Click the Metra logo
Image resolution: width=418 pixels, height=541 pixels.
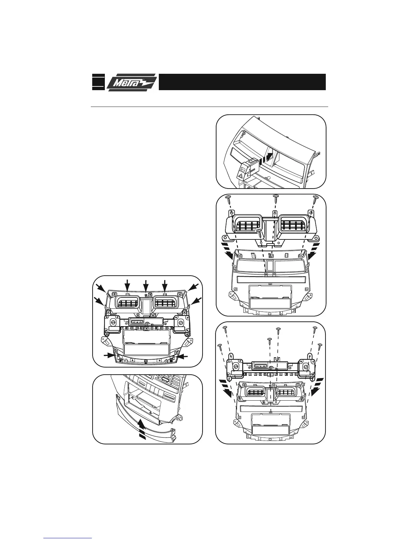coord(132,82)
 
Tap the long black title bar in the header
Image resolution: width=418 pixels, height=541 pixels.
coord(242,82)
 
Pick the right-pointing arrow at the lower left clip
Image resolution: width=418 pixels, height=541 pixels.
coord(110,355)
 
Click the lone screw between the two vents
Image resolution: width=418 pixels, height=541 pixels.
coord(259,233)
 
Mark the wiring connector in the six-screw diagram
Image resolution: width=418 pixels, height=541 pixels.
coord(261,365)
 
